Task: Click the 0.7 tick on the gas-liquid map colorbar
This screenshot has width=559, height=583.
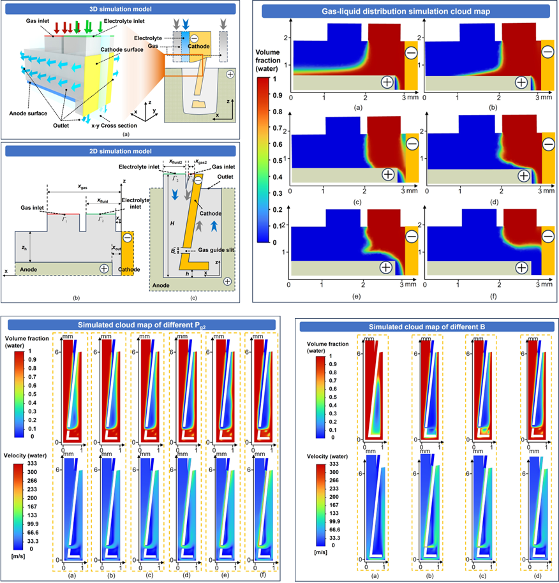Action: [x=278, y=128]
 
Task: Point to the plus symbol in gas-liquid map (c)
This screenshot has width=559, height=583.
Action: [x=387, y=174]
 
